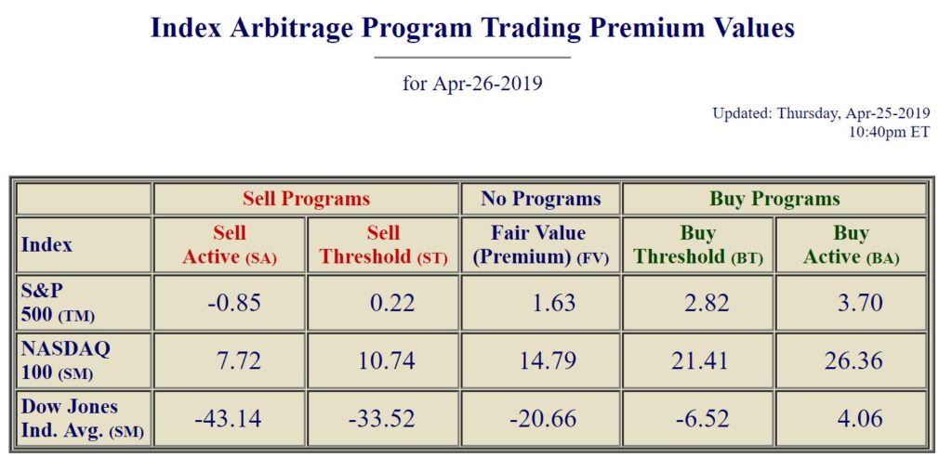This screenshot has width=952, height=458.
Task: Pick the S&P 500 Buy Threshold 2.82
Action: (699, 303)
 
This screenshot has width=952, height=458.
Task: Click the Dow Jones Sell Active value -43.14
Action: (229, 418)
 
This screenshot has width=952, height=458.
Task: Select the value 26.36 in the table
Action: (853, 360)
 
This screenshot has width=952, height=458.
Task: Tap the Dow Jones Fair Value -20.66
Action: (543, 418)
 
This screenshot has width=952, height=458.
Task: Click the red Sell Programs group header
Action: (306, 199)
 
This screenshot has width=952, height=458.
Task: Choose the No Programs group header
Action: (541, 199)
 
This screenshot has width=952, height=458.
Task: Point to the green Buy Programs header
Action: (774, 199)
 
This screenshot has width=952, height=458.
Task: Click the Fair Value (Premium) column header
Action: (541, 245)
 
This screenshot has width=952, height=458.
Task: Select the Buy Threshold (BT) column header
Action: (698, 245)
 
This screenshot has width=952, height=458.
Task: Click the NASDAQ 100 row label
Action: (64, 360)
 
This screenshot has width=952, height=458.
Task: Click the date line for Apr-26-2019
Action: (472, 84)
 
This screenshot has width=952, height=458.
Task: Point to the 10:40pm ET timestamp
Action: (889, 132)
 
